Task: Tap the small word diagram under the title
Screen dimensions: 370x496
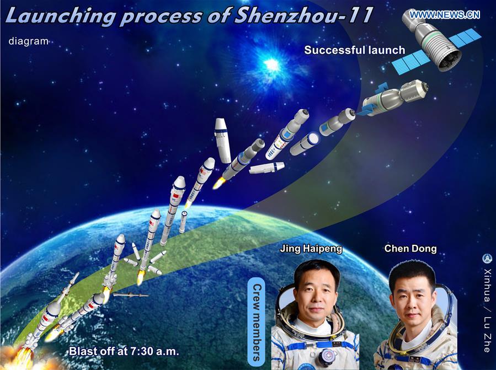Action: click(28, 41)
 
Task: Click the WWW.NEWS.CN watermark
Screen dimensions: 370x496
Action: click(445, 14)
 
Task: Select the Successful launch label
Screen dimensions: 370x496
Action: click(355, 50)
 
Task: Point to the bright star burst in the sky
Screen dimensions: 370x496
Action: click(271, 65)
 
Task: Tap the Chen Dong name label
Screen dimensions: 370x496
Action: click(410, 249)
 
